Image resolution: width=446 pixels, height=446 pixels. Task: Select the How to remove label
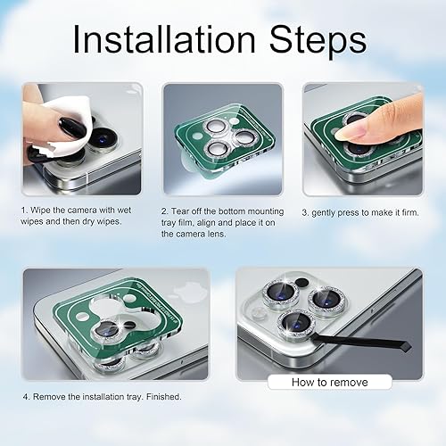click(329, 381)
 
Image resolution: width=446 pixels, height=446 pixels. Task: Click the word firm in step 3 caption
click(417, 212)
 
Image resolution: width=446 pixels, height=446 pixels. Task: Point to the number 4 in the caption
click(26, 397)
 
